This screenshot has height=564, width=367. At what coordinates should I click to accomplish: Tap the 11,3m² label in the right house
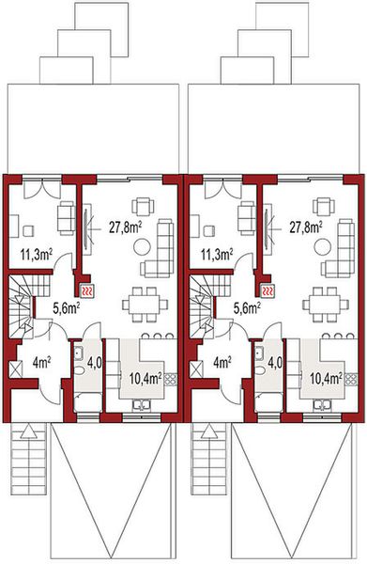218,253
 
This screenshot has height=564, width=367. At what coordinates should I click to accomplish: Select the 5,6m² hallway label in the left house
65,305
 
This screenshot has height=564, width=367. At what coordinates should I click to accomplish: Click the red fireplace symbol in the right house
268,291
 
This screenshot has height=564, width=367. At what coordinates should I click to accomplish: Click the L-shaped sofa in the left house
165,246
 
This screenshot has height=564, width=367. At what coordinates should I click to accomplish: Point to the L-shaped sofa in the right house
346,246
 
